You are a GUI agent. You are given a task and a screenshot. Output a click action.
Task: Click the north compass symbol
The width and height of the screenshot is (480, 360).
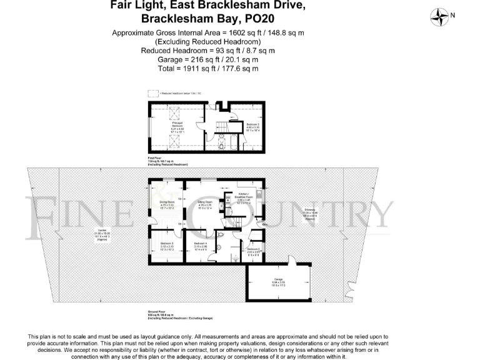tap(442, 15)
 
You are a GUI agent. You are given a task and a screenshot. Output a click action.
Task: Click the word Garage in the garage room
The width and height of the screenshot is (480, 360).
tap(279, 279)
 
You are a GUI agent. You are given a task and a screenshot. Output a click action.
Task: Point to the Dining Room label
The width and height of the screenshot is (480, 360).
tap(167, 202)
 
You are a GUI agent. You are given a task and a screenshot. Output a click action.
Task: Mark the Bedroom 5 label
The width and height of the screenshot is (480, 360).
tap(254, 249)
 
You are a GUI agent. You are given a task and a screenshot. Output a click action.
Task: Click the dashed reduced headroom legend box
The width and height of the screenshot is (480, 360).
tap(153, 93)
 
